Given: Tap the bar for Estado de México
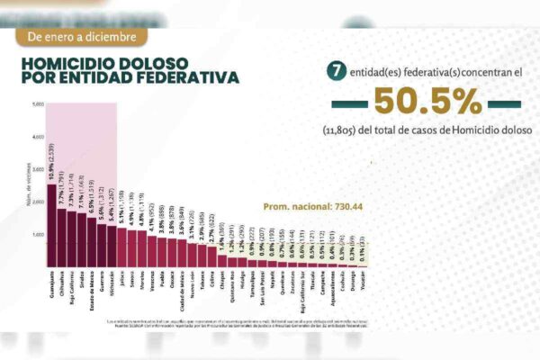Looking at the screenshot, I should coord(93,244).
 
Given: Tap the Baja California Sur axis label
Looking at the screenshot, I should coord(301,288).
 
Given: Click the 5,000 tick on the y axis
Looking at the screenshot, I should coord(38,104).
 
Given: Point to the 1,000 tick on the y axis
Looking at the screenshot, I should coord(38,236).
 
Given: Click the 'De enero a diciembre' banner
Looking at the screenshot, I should coord(83,37).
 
